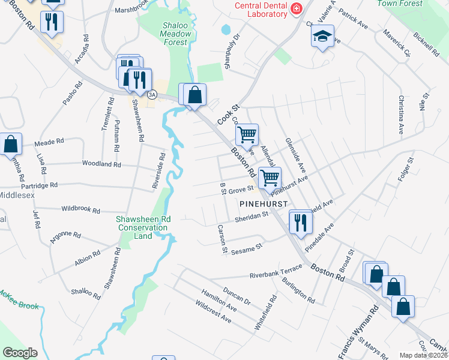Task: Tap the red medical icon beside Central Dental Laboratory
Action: (296, 8)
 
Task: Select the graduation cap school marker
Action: (322, 36)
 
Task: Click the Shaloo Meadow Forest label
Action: (177, 33)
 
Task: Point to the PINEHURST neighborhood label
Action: (264, 204)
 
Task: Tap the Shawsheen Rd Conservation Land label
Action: (143, 227)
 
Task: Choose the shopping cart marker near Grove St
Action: (270, 178)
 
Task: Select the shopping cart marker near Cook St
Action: (247, 134)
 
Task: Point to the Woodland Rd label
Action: (101, 164)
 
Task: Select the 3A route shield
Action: (152, 94)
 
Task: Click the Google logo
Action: (20, 353)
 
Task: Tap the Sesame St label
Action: (247, 247)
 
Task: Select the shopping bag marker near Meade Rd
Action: (10, 144)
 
